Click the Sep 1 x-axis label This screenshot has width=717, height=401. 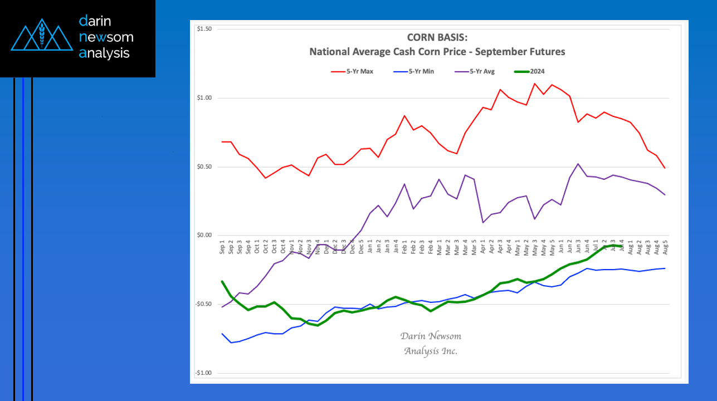(223, 248)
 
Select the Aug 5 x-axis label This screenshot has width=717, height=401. (665, 248)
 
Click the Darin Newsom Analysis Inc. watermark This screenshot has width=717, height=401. (431, 344)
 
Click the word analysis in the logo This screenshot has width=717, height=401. (104, 53)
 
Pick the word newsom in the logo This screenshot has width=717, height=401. (106, 37)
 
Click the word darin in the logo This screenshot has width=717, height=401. (95, 21)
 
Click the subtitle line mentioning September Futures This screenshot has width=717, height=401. (437, 52)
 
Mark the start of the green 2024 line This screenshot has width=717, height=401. (222, 281)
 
